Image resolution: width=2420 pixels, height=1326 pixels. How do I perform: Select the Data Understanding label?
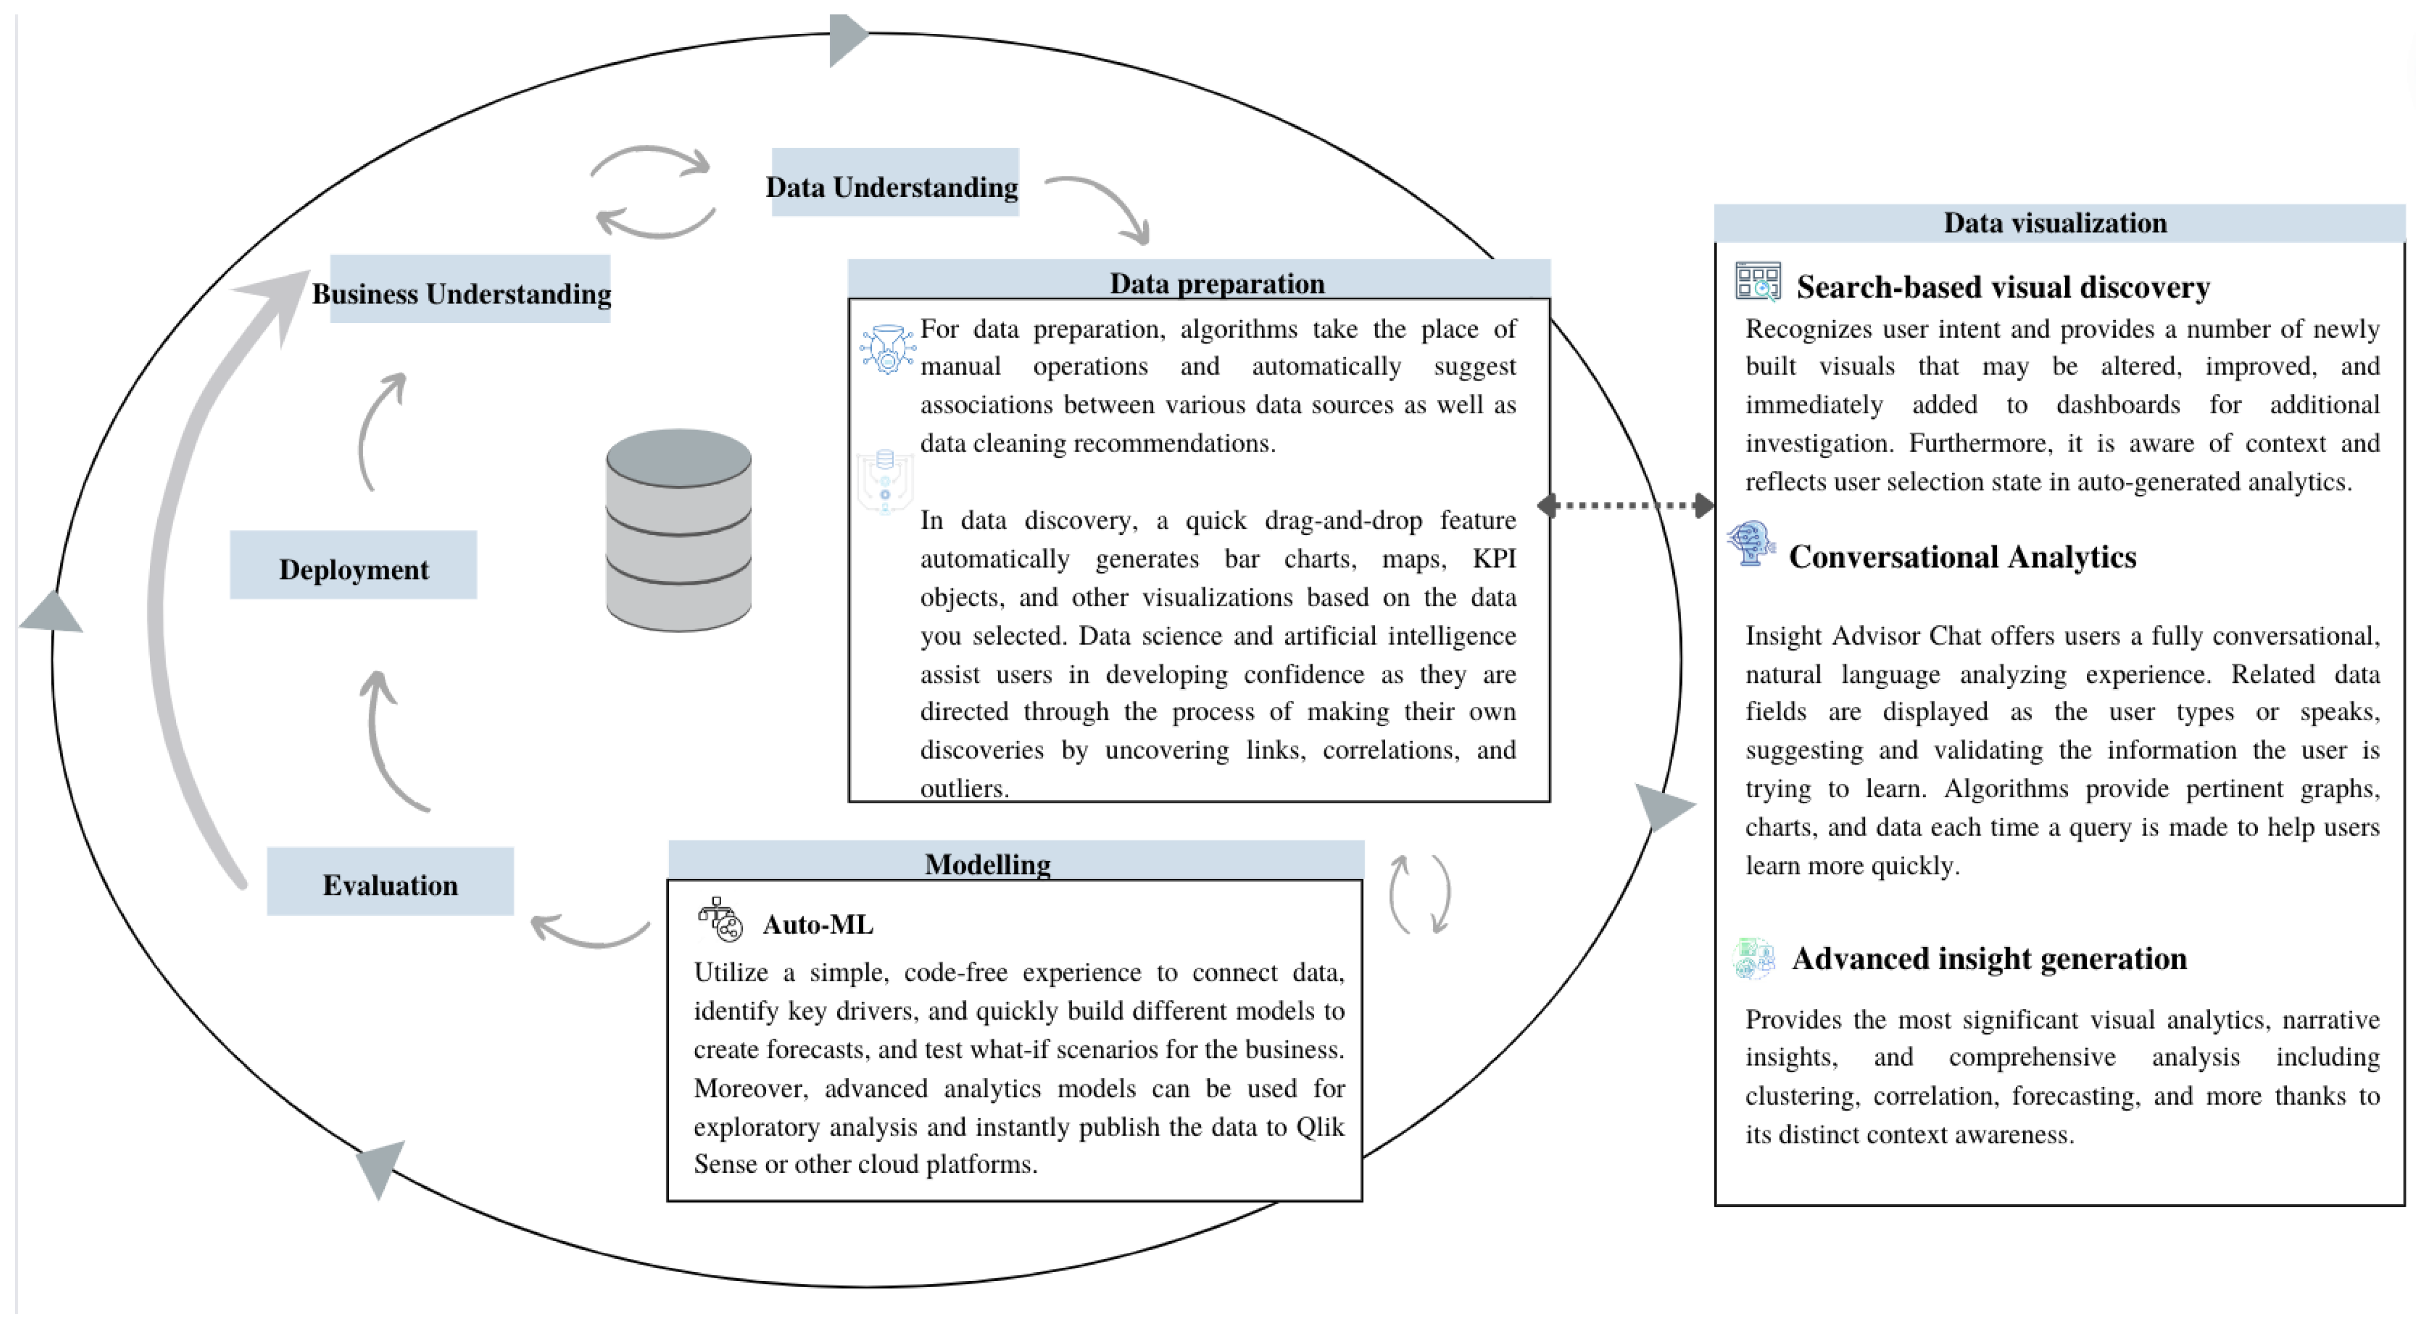point(893,184)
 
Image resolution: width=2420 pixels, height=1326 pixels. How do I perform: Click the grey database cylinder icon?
point(678,530)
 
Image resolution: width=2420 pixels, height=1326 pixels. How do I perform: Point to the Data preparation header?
point(1216,282)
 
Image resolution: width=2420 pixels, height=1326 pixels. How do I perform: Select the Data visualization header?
point(2055,222)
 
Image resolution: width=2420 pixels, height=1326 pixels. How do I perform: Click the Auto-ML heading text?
point(817,925)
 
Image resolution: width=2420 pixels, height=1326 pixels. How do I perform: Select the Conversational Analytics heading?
point(1961,557)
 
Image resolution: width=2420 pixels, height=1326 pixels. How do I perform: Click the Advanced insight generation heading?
point(1989,959)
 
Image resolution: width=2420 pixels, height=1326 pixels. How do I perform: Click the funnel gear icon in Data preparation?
point(887,350)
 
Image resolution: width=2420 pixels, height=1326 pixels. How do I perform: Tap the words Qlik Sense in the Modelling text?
point(1319,1127)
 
